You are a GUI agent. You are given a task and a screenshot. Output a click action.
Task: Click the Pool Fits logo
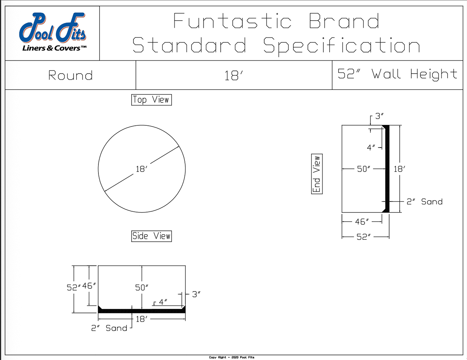53,32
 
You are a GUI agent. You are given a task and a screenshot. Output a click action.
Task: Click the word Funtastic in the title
232,21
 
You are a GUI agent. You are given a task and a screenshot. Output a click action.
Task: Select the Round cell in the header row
70,75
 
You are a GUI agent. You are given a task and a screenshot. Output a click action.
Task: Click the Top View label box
151,100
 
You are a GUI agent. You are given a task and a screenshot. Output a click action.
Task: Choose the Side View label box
151,236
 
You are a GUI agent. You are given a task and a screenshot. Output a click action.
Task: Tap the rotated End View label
317,174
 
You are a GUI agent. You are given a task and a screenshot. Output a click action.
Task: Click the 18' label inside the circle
141,169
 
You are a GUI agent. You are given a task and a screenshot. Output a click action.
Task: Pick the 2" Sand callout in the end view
425,202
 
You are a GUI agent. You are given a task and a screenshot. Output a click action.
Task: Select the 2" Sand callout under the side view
109,328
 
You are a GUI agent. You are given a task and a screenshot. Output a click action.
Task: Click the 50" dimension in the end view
363,169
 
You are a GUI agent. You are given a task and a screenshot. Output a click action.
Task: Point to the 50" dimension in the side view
142,288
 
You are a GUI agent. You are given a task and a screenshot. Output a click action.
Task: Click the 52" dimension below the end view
363,237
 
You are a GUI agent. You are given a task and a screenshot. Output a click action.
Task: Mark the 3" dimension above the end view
379,116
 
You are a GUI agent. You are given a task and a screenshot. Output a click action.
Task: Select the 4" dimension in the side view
163,302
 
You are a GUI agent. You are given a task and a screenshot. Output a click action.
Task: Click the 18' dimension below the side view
142,319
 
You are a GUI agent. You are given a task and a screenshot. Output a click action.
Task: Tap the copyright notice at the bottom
232,357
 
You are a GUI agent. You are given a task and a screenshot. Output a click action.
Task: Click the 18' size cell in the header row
234,75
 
